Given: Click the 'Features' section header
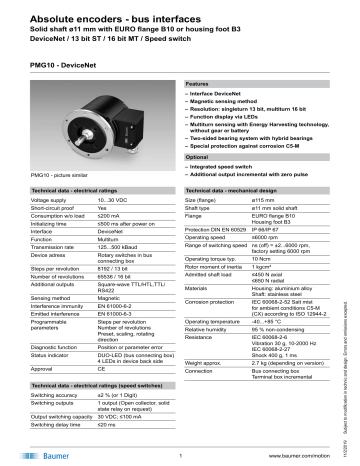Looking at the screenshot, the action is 201,85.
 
